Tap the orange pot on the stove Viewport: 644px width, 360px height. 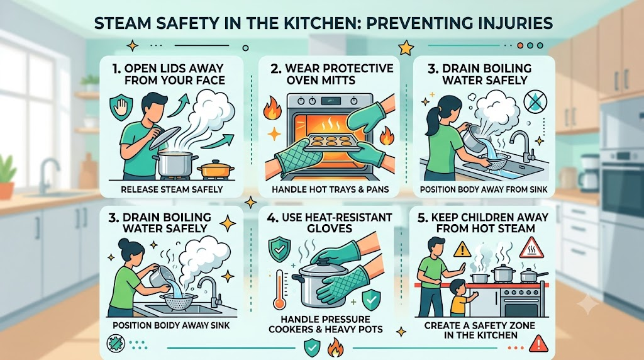tap(215, 169)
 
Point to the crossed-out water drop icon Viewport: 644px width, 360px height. tap(535, 101)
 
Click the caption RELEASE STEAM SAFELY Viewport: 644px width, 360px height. tap(172, 189)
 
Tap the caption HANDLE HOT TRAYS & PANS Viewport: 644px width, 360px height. tap(330, 190)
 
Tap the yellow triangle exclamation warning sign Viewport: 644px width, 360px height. tap(462, 249)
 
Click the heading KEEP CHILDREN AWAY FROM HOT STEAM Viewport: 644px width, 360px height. tap(483, 223)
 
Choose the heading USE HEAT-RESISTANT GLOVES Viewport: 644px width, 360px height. tap(330, 223)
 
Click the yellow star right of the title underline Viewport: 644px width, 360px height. tap(406, 48)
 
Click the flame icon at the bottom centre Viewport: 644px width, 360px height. tap(335, 348)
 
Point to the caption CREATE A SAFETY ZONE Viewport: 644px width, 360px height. tap(480, 326)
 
